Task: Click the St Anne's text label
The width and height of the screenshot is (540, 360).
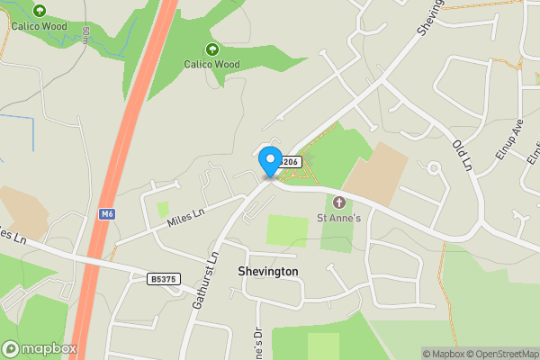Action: pos(338,217)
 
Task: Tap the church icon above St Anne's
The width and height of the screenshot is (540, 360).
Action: pos(339,202)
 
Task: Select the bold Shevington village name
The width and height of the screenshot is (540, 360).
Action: pos(267,271)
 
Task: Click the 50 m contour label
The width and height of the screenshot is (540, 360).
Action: pos(85,35)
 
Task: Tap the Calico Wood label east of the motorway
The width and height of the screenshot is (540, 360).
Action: pos(212,64)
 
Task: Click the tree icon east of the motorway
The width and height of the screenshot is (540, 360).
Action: pos(212,49)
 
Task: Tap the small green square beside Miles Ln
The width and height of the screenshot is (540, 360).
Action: pos(163,209)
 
